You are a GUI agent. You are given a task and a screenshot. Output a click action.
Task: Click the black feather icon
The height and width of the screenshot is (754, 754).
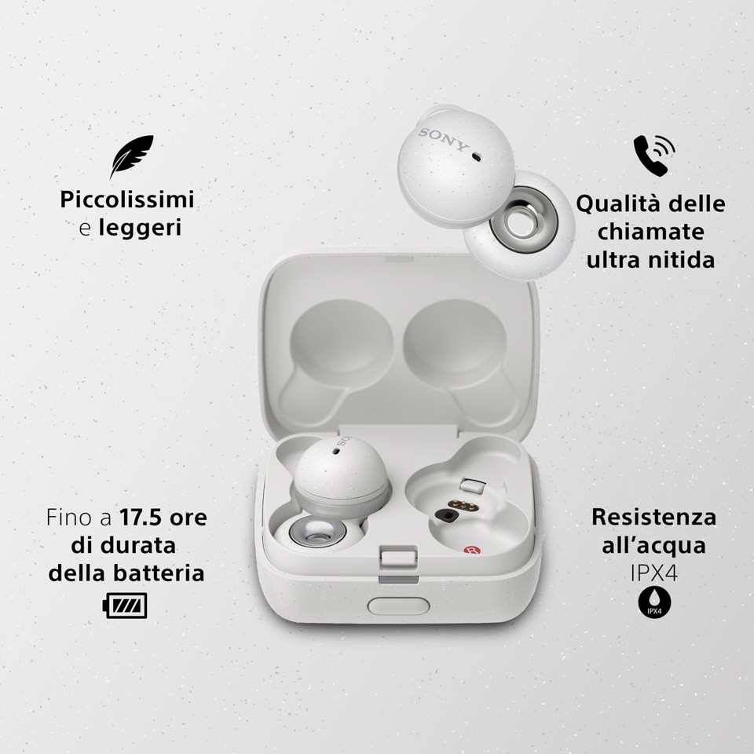[x=131, y=157]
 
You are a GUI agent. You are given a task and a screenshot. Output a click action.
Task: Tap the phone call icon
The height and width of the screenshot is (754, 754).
[x=653, y=156]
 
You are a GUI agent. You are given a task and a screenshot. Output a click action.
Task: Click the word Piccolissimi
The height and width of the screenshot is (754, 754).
[x=127, y=199]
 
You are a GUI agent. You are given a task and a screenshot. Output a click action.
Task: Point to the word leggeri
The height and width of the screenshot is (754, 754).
[x=141, y=229]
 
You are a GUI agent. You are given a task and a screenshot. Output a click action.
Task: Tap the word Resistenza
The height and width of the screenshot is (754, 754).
[x=653, y=517]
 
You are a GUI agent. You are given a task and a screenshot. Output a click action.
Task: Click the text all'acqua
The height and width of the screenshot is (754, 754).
[x=653, y=546]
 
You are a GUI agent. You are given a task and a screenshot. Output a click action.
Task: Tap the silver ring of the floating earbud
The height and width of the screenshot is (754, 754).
[x=517, y=225]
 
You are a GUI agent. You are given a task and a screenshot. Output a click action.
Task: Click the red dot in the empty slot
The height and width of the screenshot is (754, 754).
[x=471, y=553]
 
